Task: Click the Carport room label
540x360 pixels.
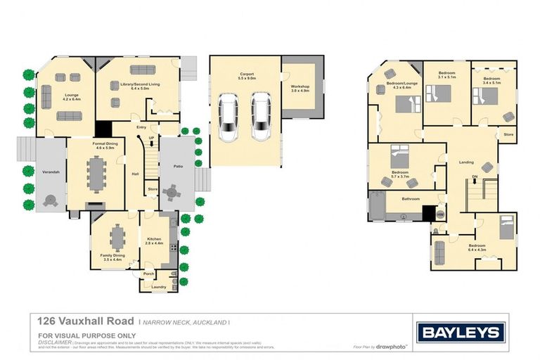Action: [x=245, y=73]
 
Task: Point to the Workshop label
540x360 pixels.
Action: [x=300, y=88]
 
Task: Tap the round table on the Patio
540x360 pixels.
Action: [x=171, y=191]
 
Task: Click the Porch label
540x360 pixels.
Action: [x=148, y=274]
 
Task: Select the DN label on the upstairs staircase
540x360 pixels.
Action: [x=475, y=177]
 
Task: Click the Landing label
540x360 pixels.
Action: [x=466, y=162]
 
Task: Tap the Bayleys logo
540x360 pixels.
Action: [x=460, y=332]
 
